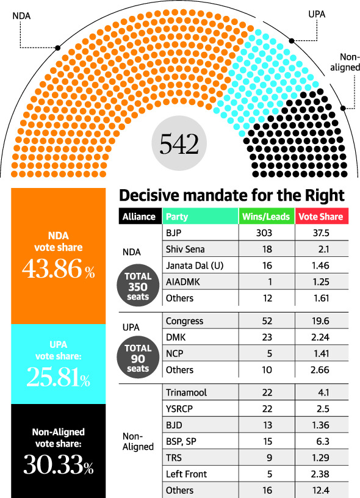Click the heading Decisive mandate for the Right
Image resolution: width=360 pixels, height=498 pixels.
[x=232, y=196]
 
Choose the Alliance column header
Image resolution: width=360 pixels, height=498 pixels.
[x=139, y=216]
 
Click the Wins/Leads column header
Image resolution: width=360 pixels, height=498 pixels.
[x=265, y=216]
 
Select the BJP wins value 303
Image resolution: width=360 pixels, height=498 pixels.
[x=265, y=233]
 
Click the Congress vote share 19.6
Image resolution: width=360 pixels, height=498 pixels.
[x=321, y=321]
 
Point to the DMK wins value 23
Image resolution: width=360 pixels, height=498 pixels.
[x=265, y=337]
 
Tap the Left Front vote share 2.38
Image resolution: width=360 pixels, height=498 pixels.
[x=321, y=474]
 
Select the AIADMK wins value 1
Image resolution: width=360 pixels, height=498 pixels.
[x=265, y=282]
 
